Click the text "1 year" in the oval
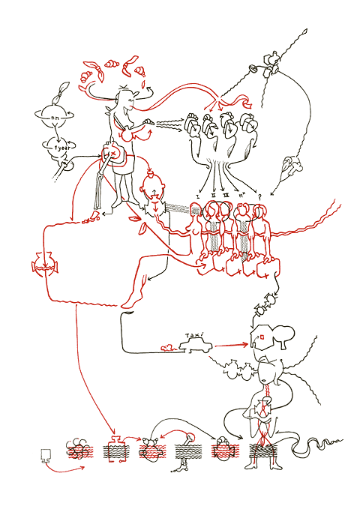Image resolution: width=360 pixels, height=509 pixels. pos(55,148)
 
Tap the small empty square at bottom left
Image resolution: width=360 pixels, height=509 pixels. pos(44,455)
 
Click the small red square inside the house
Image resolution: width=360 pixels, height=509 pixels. pos(262,337)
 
